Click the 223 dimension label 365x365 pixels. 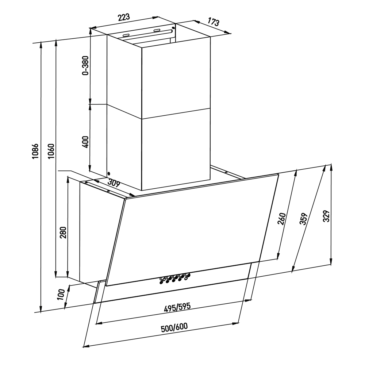(x=124, y=18)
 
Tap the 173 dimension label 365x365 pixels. (x=214, y=22)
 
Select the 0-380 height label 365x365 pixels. (x=86, y=65)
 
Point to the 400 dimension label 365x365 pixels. (x=86, y=142)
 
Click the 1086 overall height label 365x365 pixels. (x=35, y=151)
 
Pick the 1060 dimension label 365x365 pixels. (x=51, y=151)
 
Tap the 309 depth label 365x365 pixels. (x=114, y=183)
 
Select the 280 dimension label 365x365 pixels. (x=63, y=232)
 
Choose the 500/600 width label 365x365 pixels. (x=174, y=327)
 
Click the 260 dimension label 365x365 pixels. (x=281, y=219)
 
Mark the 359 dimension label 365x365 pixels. (x=304, y=219)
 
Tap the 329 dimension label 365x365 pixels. (x=327, y=216)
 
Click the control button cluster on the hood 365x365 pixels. (x=175, y=278)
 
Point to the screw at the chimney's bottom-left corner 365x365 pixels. (x=109, y=173)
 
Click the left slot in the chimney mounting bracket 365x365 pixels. (x=126, y=35)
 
